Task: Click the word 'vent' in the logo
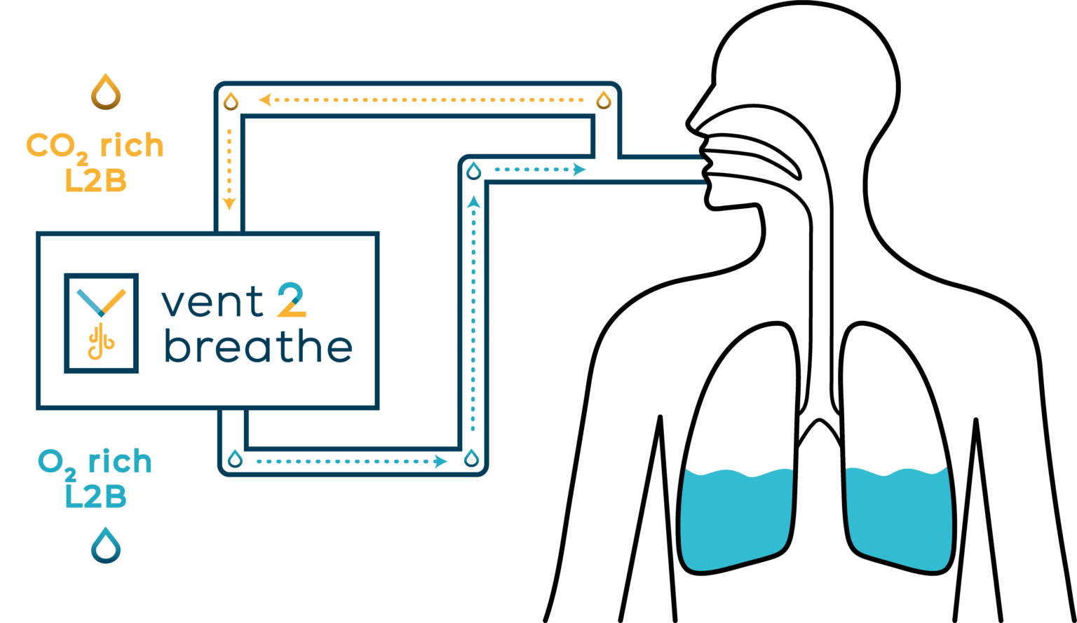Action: point(212,302)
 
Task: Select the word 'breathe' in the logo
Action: point(258,345)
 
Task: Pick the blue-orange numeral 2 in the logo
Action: point(292,300)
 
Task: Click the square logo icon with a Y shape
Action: point(102,323)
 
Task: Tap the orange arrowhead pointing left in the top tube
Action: point(265,100)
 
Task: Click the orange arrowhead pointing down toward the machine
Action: point(229,204)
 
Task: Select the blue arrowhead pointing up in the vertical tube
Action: point(474,201)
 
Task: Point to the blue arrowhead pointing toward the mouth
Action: point(579,169)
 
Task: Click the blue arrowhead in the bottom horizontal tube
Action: point(441,462)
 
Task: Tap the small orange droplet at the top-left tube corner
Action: point(231,101)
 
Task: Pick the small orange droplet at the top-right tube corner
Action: point(604,101)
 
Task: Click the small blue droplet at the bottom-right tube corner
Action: point(472,458)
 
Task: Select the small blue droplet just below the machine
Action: point(235,459)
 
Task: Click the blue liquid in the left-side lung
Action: point(736,520)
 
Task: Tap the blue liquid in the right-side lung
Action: point(898,520)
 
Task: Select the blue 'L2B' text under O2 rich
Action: point(95,496)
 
